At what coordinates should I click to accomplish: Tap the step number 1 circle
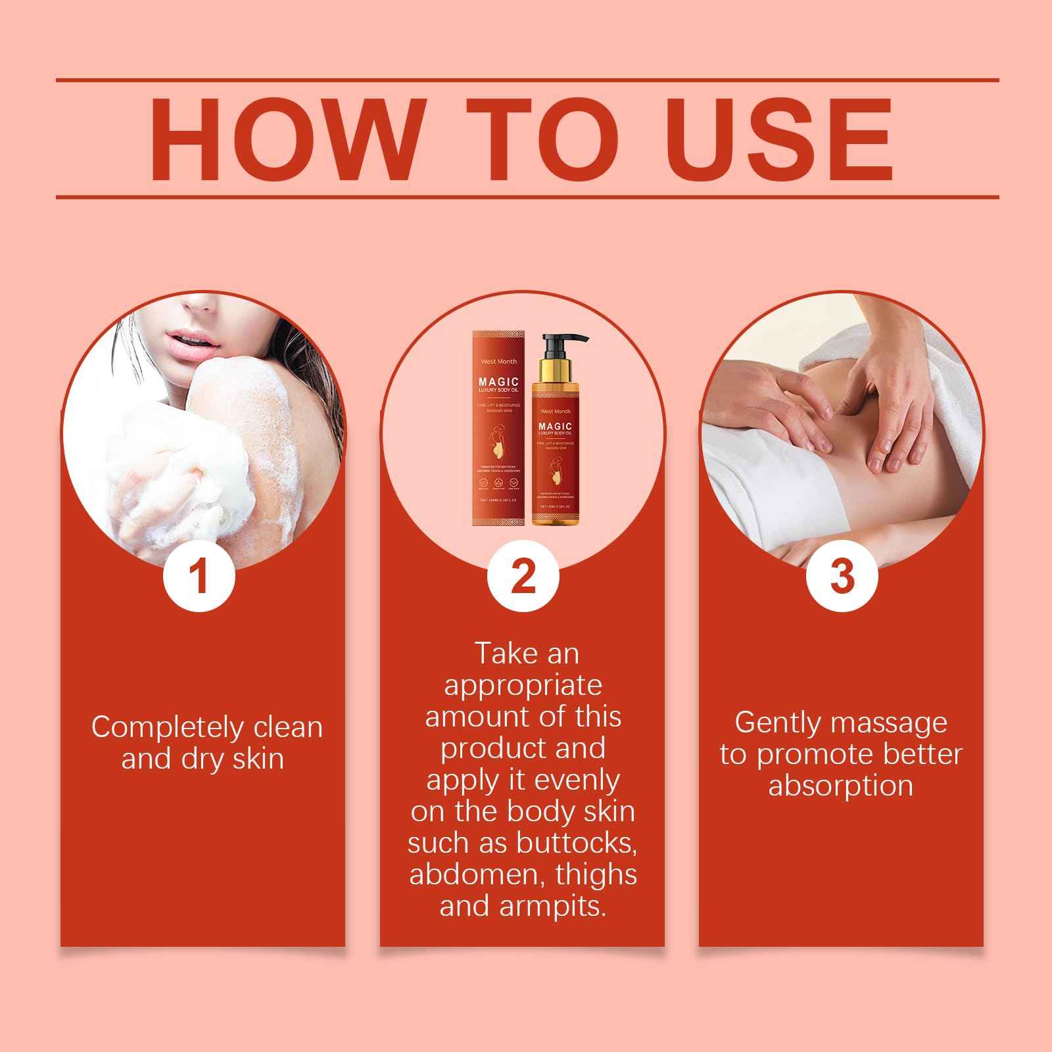click(x=199, y=575)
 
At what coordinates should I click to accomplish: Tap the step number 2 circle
click(x=523, y=575)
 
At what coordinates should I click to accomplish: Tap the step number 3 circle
click(x=842, y=575)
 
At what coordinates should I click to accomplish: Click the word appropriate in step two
click(x=523, y=685)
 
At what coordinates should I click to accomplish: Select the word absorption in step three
click(x=840, y=786)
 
